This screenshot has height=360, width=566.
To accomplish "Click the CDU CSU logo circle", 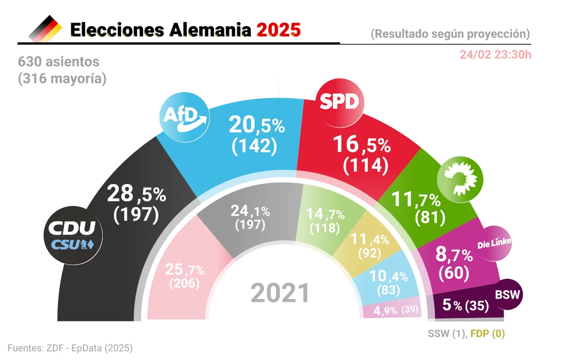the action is point(73,235).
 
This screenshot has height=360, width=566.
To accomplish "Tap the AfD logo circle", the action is point(184,117).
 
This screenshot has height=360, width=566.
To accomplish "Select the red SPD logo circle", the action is point(340,103).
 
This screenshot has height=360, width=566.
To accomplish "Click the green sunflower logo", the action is point(460,179).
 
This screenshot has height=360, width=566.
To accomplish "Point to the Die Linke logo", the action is point(494,243).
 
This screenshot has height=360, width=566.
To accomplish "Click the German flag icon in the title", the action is point(45,29).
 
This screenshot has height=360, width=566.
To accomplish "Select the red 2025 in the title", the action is point(279,30).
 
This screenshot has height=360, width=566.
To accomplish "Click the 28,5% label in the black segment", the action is point(136,193).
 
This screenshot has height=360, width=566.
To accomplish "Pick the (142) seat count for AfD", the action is point(254,146).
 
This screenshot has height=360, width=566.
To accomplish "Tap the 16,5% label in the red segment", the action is point(362,144).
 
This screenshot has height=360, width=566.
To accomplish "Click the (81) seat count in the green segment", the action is point(430,217).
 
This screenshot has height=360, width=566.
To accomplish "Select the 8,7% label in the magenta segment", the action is point(454,255).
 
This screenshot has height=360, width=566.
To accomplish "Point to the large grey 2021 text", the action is point(280,293).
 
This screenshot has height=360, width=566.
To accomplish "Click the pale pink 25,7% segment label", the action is point(185,269).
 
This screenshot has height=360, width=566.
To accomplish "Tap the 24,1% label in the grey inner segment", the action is point(250,211).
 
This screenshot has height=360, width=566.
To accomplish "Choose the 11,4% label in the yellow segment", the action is point(370,239).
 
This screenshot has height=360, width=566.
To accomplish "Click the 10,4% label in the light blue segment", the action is point(389,276).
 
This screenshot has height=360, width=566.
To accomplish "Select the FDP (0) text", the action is point(487,334).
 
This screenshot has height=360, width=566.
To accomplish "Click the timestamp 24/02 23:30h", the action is point(496,55).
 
